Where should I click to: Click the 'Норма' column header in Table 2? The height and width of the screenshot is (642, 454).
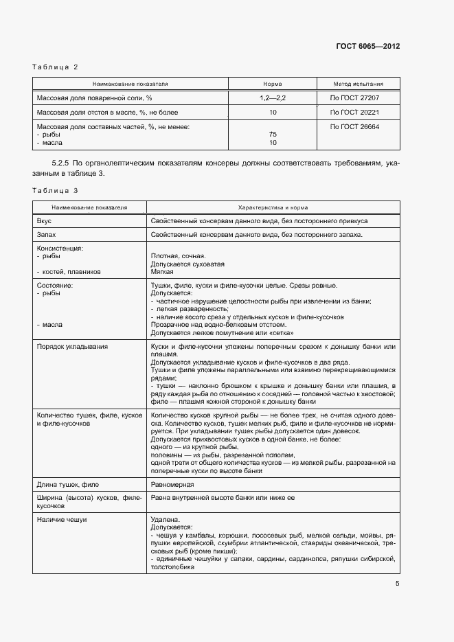[x=273, y=84]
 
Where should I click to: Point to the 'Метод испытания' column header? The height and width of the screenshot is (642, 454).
[x=358, y=84]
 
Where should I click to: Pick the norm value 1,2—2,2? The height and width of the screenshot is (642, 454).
[x=273, y=98]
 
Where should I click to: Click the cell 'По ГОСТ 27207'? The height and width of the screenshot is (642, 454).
[x=354, y=98]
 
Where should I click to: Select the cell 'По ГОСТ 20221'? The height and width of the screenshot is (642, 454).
[x=354, y=112]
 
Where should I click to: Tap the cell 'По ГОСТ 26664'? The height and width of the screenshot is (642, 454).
[x=354, y=126]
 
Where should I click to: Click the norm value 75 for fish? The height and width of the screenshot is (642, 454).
[x=273, y=135]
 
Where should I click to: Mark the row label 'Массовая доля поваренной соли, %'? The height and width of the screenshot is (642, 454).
[x=94, y=98]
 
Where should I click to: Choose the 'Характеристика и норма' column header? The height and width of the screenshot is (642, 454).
[x=273, y=207]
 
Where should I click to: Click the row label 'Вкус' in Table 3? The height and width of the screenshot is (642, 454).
[x=44, y=221]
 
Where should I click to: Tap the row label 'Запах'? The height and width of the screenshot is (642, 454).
[x=47, y=235]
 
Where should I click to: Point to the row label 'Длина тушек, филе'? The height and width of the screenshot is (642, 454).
[x=67, y=485]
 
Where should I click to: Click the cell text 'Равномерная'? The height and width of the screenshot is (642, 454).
[x=172, y=485]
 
